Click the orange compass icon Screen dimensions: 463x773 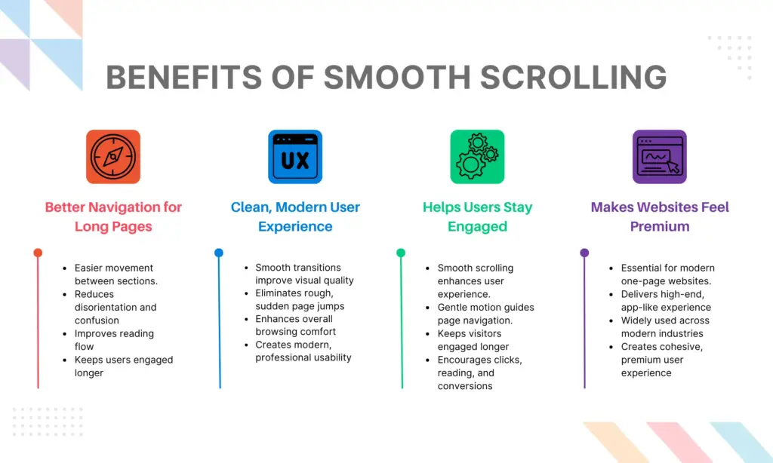(x=113, y=157)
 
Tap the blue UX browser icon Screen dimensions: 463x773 (x=295, y=157)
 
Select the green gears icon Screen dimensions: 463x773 (x=477, y=157)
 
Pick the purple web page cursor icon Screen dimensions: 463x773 (x=660, y=157)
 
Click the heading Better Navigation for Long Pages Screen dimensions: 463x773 (x=113, y=216)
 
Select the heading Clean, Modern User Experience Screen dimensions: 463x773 (x=295, y=216)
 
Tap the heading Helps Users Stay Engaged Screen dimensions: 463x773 (x=477, y=216)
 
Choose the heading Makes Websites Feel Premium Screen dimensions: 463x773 (x=660, y=216)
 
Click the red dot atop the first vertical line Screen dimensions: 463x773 (x=38, y=253)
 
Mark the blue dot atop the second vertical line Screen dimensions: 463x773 (x=219, y=253)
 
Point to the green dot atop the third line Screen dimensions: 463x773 (x=401, y=253)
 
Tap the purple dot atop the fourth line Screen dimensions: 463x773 (x=584, y=253)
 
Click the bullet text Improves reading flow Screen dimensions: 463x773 (x=113, y=340)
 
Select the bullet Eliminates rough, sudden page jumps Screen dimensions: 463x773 (x=299, y=300)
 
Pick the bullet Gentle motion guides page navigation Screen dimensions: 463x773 (x=485, y=314)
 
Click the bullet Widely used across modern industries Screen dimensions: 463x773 (x=665, y=327)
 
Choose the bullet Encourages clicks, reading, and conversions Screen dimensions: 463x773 (x=479, y=373)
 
